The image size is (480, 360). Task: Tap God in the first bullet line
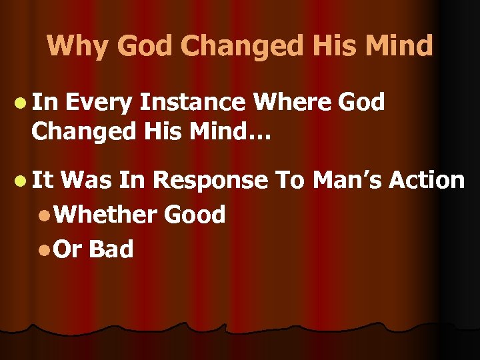click(361, 103)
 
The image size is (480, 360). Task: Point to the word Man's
click(345, 180)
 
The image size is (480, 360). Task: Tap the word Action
click(427, 180)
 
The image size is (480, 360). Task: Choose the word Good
click(194, 214)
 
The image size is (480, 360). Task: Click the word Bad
click(111, 249)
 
